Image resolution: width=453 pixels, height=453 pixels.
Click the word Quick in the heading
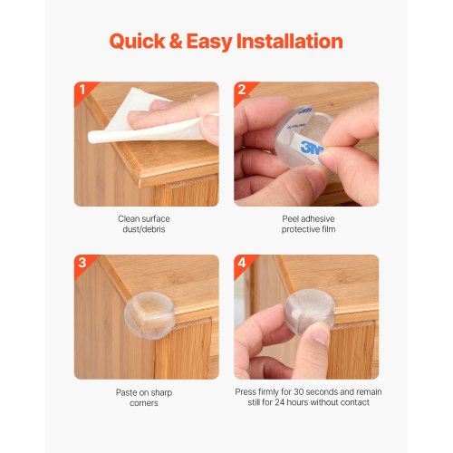click(137, 42)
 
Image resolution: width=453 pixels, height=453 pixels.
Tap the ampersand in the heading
click(176, 42)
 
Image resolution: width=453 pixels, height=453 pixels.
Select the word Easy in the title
click(209, 43)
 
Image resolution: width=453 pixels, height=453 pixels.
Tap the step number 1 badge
click(82, 90)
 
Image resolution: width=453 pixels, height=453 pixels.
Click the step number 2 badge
click(242, 90)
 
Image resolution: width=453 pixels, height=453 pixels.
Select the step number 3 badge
click(82, 263)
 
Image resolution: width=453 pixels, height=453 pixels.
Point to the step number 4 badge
click(242, 263)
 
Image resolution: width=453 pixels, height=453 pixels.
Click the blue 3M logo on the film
click(312, 148)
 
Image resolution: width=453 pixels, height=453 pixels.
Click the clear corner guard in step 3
click(149, 314)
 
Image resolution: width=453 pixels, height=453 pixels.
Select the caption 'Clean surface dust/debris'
click(144, 224)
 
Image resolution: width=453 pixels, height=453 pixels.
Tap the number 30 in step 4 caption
click(299, 392)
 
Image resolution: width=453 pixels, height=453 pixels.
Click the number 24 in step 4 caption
click(280, 402)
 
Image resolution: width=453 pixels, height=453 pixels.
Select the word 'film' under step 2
click(329, 229)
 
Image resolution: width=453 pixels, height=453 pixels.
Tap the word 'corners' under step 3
click(144, 403)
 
